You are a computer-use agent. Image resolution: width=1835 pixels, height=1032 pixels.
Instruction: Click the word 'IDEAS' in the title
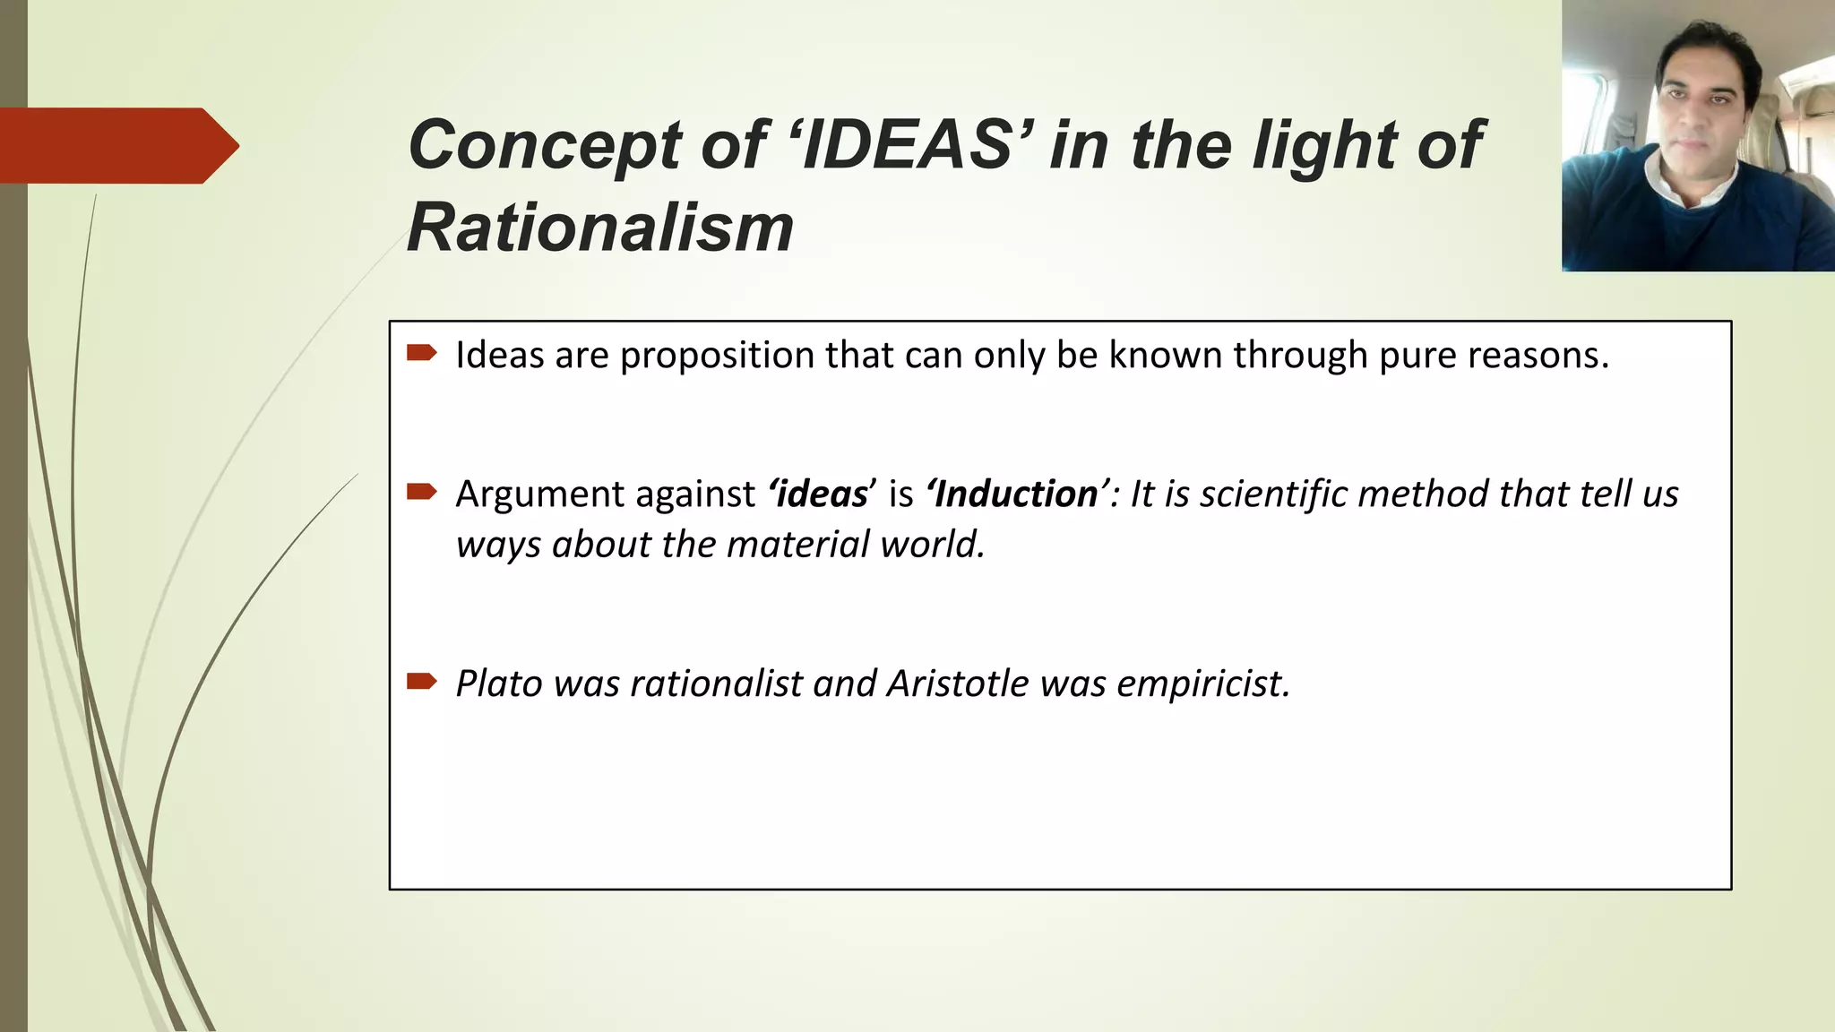pos(908,145)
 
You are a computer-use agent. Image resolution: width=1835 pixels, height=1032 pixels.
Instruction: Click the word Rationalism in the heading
pos(600,228)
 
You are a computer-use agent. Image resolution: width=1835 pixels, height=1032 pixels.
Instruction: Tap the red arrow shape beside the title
pos(116,146)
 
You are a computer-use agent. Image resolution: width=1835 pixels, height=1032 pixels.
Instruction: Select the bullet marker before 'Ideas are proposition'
pos(421,353)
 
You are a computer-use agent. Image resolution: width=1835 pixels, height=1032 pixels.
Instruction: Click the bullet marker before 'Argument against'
pos(421,491)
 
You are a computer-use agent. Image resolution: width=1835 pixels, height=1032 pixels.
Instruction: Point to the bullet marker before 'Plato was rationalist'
pos(421,682)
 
